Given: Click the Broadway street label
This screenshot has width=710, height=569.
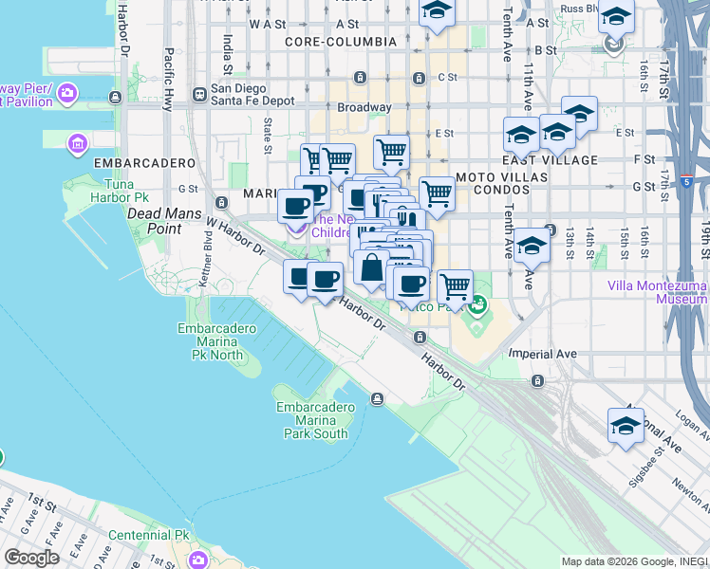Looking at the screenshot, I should pyautogui.click(x=364, y=108).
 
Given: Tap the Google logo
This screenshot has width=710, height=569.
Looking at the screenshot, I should pyautogui.click(x=31, y=558).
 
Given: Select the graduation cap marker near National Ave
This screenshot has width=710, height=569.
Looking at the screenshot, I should pyautogui.click(x=625, y=426).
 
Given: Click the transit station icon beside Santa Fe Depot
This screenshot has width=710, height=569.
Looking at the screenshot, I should pyautogui.click(x=200, y=94).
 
